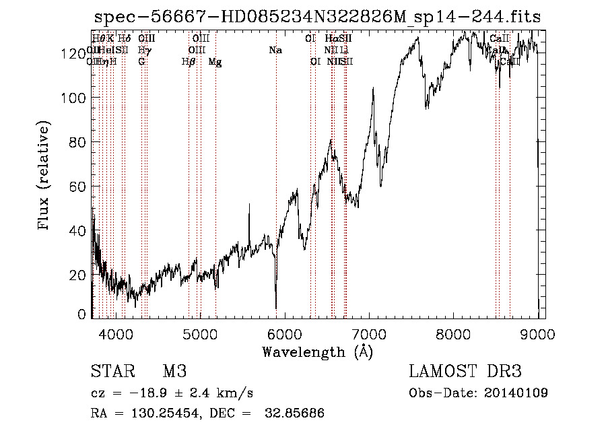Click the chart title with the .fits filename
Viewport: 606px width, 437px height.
pyautogui.click(x=318, y=16)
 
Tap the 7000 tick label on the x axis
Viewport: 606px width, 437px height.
pyautogui.click(x=370, y=333)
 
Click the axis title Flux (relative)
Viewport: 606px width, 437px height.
pyautogui.click(x=45, y=176)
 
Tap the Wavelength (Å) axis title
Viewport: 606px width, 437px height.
pyautogui.click(x=317, y=351)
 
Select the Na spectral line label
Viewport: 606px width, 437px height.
pyautogui.click(x=275, y=50)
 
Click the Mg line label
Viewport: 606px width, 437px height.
pyautogui.click(x=215, y=61)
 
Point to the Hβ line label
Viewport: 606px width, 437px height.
pyautogui.click(x=189, y=61)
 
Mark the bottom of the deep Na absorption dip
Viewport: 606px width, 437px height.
pyautogui.click(x=275, y=306)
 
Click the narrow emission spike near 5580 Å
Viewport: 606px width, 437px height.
pyautogui.click(x=250, y=205)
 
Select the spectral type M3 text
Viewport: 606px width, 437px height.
pyautogui.click(x=174, y=372)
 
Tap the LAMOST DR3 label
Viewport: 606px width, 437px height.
pyautogui.click(x=465, y=372)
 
